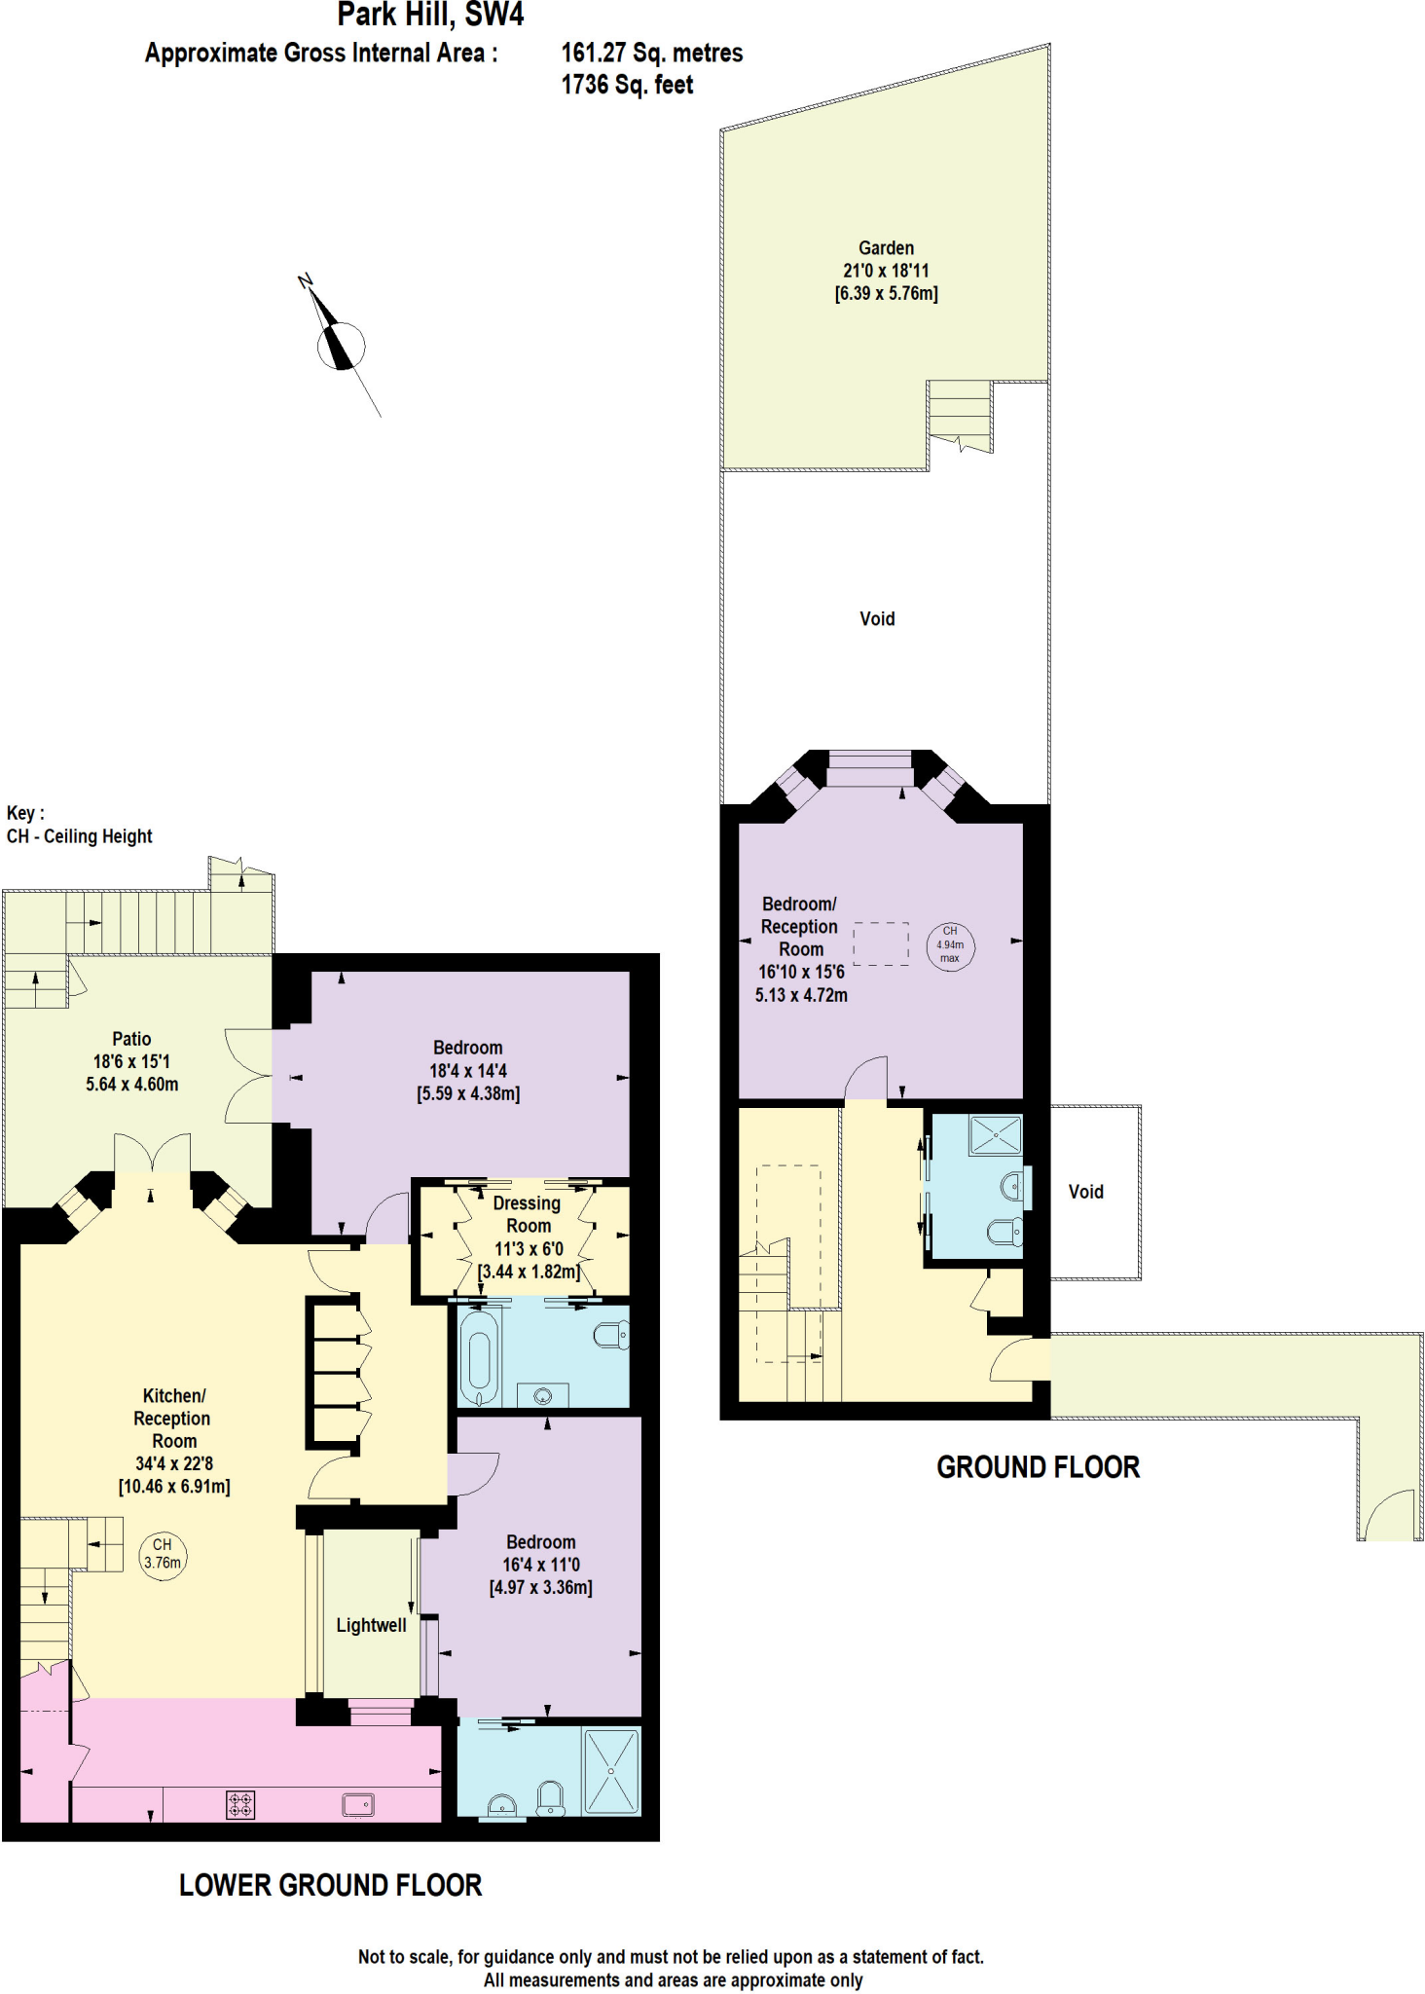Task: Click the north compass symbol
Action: pyautogui.click(x=341, y=344)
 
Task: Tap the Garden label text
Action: pyautogui.click(x=886, y=248)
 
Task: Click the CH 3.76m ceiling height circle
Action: pyautogui.click(x=163, y=1554)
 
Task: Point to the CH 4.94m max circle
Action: pyautogui.click(x=949, y=944)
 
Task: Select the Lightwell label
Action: pyautogui.click(x=371, y=1625)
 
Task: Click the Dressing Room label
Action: pyautogui.click(x=528, y=1214)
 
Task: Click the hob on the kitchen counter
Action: pyautogui.click(x=240, y=1804)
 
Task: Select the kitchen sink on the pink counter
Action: pyautogui.click(x=358, y=1804)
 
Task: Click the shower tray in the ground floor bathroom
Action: pyautogui.click(x=995, y=1135)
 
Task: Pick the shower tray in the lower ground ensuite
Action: pyautogui.click(x=611, y=1770)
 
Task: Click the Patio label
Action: pyautogui.click(x=131, y=1039)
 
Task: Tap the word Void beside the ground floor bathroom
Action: pyautogui.click(x=1085, y=1192)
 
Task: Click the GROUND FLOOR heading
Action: pyautogui.click(x=1038, y=1467)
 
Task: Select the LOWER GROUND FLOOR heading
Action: pyautogui.click(x=330, y=1885)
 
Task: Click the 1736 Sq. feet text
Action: pyautogui.click(x=627, y=86)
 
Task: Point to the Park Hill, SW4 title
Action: pyautogui.click(x=430, y=15)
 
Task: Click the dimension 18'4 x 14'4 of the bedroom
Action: pyautogui.click(x=468, y=1071)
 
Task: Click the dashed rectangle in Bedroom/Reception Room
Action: pyautogui.click(x=881, y=943)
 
